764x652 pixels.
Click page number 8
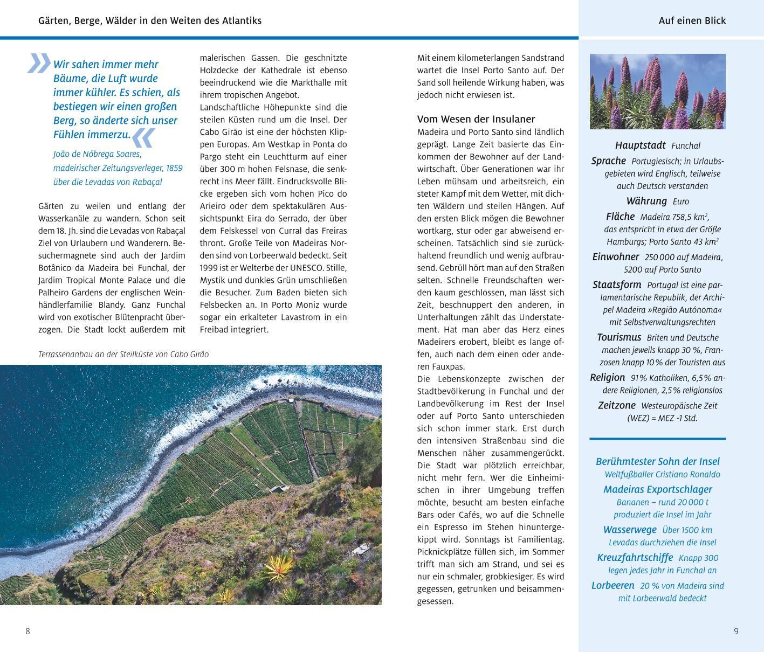(28, 631)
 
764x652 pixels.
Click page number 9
(736, 631)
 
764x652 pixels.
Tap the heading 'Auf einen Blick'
(692, 21)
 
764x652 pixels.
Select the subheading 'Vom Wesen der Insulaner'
(476, 119)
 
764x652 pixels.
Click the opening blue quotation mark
(39, 63)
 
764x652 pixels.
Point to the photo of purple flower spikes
(657, 91)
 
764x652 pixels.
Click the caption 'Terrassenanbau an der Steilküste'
(123, 355)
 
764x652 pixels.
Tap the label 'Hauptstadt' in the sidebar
(641, 145)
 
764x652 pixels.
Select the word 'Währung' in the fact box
(646, 201)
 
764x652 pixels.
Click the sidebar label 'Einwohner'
(616, 257)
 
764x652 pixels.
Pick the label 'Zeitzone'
(617, 405)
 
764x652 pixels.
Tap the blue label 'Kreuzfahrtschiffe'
(635, 558)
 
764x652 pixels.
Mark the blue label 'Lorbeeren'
(613, 586)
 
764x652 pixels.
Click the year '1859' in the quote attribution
(174, 168)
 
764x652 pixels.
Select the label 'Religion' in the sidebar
(608, 377)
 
